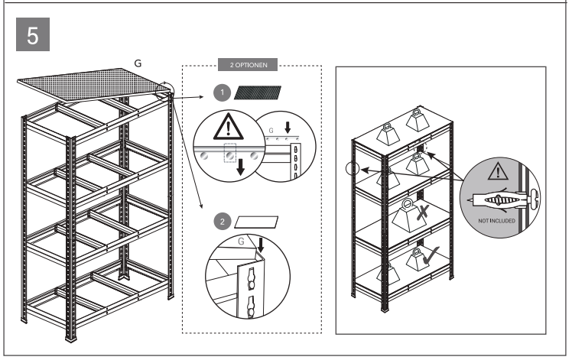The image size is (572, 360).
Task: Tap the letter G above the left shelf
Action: tap(137, 60)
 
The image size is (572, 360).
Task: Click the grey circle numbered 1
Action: tap(221, 92)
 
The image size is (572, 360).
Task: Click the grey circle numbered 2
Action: tap(222, 222)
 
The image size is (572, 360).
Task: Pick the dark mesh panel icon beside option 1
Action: tap(258, 93)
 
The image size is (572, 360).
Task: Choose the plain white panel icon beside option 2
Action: tap(255, 222)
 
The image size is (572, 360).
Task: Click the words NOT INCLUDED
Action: tap(498, 219)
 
